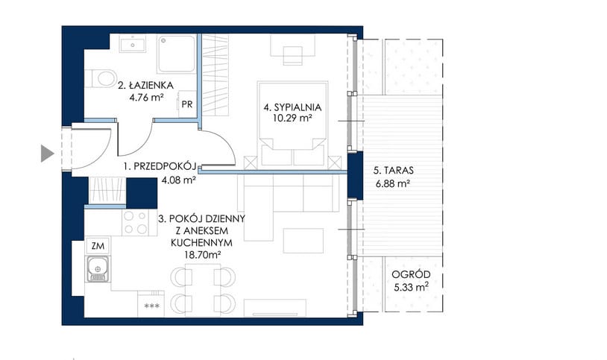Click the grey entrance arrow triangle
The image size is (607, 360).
pos(46,154)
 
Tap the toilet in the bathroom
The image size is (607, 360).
pos(101,78)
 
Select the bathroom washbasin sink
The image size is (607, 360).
pos(133,43)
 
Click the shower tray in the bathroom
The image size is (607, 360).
pos(177,54)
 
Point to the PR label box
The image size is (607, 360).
pos(187,104)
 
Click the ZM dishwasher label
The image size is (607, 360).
pos(98,246)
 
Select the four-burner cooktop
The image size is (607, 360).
pos(136,223)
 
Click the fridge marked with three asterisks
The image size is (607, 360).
pos(151,304)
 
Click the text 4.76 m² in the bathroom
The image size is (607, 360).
pos(146,98)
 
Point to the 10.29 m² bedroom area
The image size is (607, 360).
pos(292,119)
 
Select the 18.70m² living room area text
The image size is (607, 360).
pos(202,255)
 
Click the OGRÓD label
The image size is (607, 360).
pos(411,274)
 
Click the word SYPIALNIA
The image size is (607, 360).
pos(298,107)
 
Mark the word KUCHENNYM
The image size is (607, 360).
pos(201,243)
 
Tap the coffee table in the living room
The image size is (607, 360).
pos(303,241)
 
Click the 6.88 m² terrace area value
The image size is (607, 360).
pos(392,183)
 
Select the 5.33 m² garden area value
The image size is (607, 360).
pos(411,287)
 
